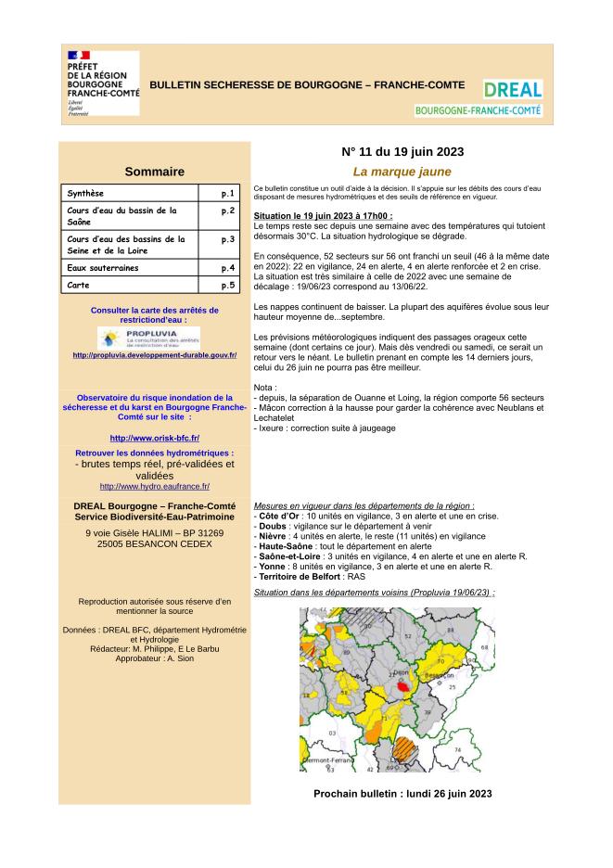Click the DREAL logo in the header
coord(512,90)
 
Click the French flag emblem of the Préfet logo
coord(79,57)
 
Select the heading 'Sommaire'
coord(154,172)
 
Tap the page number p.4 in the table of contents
coord(227,268)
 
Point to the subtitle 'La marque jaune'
coord(402,172)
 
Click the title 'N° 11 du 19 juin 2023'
coord(402,152)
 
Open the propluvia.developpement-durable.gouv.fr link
coord(155,355)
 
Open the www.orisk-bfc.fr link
coord(155,437)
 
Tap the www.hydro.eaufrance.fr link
coord(155,486)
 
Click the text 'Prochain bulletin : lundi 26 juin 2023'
coord(402,794)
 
